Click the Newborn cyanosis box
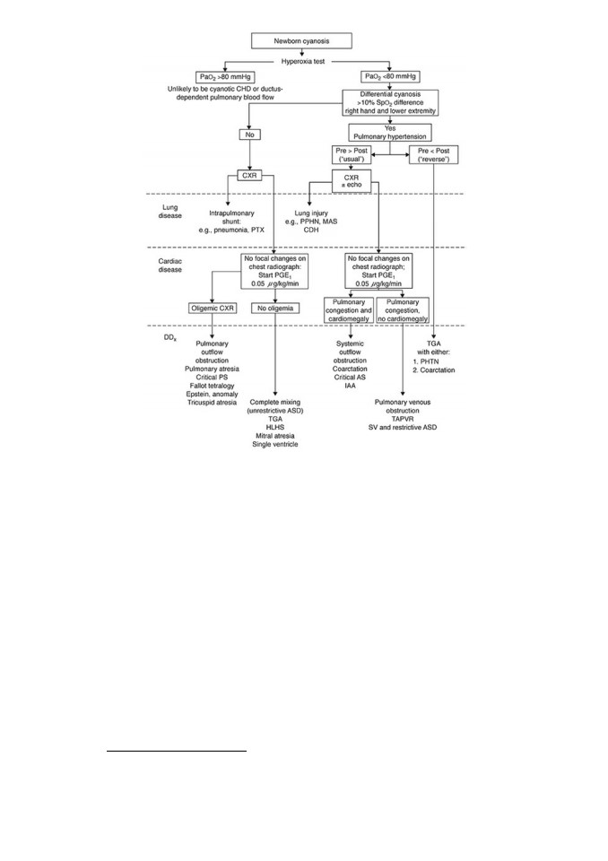[301, 40]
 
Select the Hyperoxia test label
[302, 62]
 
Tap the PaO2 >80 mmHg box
[225, 77]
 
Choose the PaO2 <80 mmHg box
[390, 76]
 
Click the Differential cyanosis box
[390, 102]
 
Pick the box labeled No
[250, 135]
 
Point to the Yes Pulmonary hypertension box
[390, 133]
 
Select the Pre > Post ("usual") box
[352, 155]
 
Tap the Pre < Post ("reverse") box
[434, 155]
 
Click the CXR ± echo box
[352, 181]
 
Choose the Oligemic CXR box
[213, 308]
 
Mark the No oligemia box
[275, 308]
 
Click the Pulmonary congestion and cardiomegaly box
[349, 310]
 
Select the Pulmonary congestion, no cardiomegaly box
[403, 310]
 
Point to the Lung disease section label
[170, 212]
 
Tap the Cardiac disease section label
[170, 265]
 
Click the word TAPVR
[403, 419]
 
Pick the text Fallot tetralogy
[212, 386]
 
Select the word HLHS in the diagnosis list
[275, 427]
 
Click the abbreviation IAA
[350, 386]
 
